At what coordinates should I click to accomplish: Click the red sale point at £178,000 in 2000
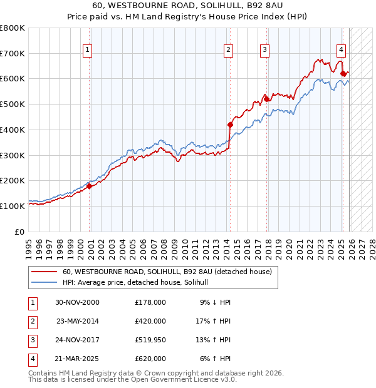click(x=89, y=186)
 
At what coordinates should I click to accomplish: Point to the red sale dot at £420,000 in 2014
click(x=230, y=125)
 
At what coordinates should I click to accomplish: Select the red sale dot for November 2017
click(x=266, y=99)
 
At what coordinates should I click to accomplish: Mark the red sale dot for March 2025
click(x=343, y=74)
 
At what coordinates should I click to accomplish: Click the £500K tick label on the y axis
click(x=12, y=105)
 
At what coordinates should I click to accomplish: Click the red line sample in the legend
click(x=44, y=272)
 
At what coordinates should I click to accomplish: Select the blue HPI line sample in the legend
click(x=44, y=283)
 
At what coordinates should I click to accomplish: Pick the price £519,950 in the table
click(x=150, y=340)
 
